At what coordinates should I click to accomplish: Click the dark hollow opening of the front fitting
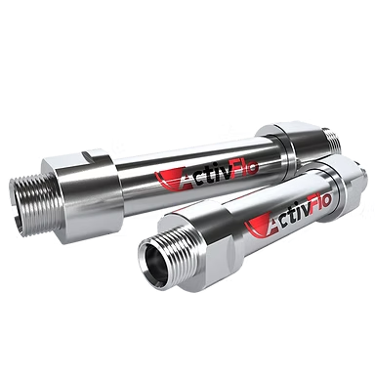click(155, 265)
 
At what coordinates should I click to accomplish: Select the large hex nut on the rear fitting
click(80, 195)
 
